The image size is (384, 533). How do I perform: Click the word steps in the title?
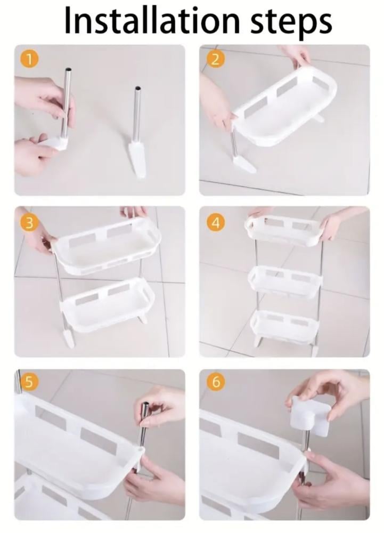tap(291, 22)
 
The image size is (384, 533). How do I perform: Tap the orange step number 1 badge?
tap(29, 60)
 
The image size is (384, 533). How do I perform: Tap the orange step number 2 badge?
tap(215, 60)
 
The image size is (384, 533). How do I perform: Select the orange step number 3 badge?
tap(29, 223)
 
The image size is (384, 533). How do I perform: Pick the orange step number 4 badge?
tap(215, 223)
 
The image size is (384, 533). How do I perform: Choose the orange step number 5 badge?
tap(29, 382)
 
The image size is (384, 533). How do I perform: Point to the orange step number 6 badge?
tap(215, 382)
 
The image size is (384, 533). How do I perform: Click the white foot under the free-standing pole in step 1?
tap(137, 159)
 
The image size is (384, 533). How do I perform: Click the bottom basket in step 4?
tap(284, 325)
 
